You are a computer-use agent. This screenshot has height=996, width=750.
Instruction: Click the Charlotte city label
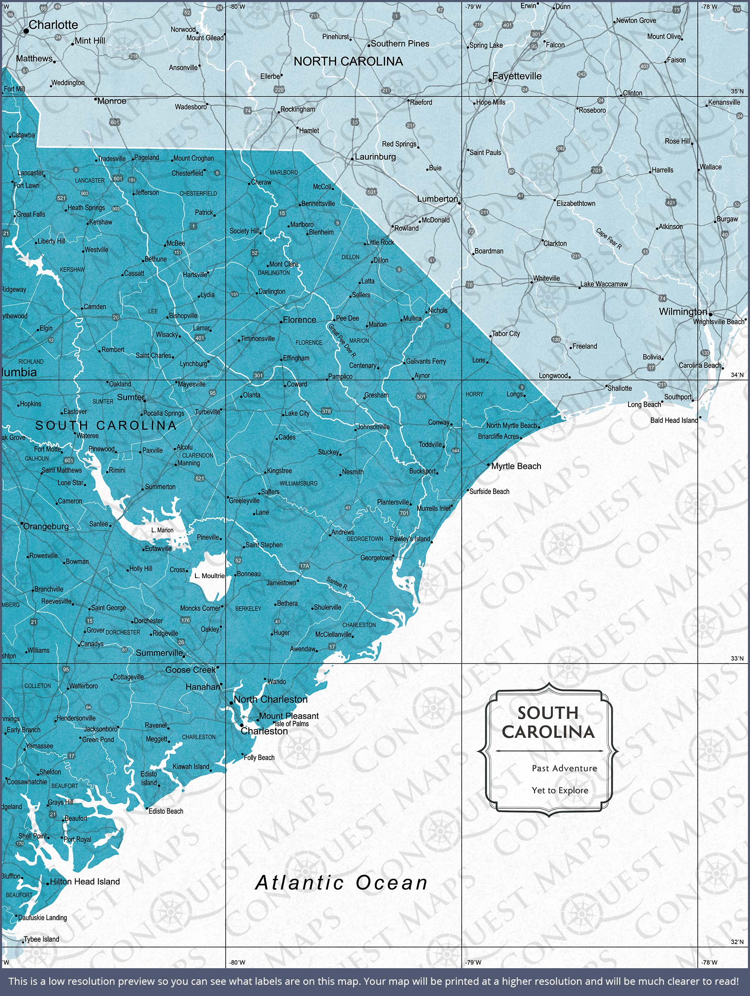(x=53, y=25)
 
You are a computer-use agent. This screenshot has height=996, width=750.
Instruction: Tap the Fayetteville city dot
(x=490, y=81)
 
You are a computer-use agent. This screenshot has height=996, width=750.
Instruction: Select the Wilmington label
(x=682, y=312)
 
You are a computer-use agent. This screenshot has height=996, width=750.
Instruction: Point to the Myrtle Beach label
(x=516, y=466)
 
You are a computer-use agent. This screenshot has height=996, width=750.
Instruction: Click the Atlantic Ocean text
(x=341, y=883)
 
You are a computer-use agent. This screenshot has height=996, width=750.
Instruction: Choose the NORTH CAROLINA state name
(x=348, y=62)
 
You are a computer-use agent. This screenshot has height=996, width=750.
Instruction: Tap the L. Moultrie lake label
(x=209, y=576)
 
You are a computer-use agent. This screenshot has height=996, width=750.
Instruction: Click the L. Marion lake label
(x=162, y=530)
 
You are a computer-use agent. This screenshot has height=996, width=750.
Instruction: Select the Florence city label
(x=300, y=320)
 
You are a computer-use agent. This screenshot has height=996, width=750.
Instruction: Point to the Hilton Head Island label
(x=85, y=881)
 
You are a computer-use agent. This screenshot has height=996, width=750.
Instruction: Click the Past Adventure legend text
(x=564, y=768)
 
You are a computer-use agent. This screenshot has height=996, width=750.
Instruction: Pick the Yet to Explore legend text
(x=560, y=790)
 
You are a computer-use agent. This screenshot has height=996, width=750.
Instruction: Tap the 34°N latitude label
(x=737, y=375)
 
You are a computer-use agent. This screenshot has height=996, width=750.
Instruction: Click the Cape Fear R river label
(x=609, y=239)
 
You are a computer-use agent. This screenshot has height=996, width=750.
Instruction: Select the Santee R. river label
(x=337, y=583)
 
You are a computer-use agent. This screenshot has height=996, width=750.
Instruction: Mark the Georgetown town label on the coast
(x=376, y=558)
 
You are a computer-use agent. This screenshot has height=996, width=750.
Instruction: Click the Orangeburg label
(x=46, y=526)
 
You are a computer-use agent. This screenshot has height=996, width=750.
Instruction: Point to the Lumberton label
(x=437, y=199)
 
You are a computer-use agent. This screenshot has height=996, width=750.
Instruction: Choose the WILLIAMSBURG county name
(x=299, y=483)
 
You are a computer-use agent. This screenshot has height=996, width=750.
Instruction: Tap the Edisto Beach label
(x=166, y=811)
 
